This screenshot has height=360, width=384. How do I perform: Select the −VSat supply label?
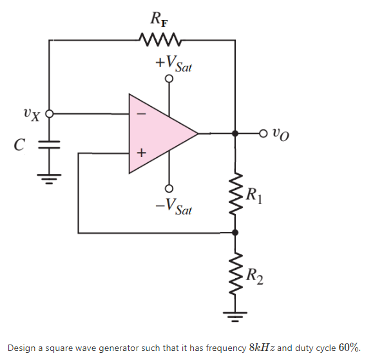(x=172, y=205)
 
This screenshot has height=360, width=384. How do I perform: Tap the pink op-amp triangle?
(x=158, y=133)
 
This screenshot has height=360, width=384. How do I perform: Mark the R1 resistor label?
(x=254, y=193)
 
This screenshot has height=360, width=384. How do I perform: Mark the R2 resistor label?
(x=254, y=276)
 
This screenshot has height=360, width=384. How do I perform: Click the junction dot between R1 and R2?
(x=235, y=232)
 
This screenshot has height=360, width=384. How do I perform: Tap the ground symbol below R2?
(x=235, y=317)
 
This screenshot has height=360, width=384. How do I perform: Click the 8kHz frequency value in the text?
(x=264, y=347)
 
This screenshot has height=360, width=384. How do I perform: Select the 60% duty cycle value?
(x=349, y=347)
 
